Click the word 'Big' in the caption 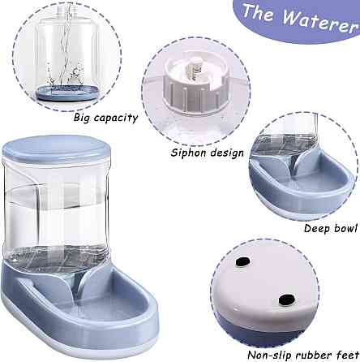[82, 118]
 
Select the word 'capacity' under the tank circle [116, 119]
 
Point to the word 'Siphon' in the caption [189, 153]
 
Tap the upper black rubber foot [242, 261]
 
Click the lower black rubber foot [286, 300]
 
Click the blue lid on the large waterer [56, 149]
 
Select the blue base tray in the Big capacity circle [66, 93]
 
